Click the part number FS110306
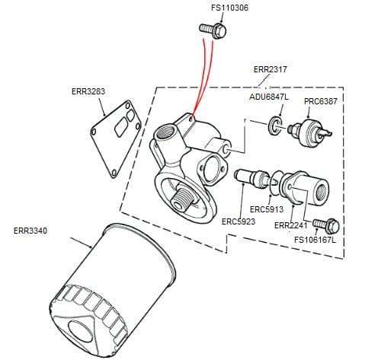213,9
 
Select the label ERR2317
270,69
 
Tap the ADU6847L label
269,97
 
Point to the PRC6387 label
321,101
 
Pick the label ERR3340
30,230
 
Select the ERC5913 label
267,209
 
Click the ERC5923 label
238,221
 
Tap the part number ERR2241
290,225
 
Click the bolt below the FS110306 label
214,30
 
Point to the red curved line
200,76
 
